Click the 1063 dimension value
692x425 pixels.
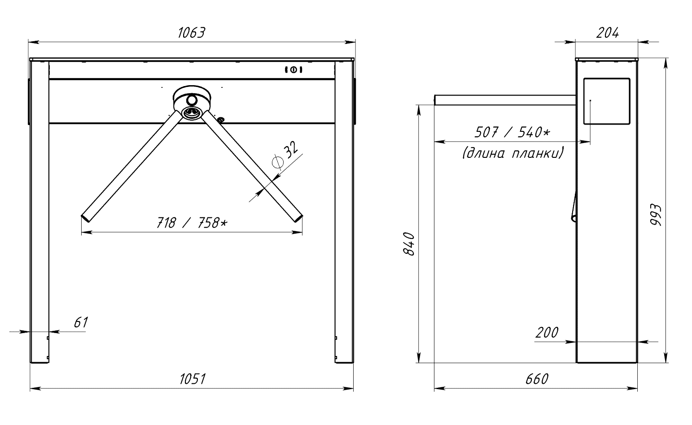[x=192, y=33]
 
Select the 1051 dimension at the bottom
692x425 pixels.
[x=193, y=379]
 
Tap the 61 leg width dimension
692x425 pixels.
[x=81, y=322]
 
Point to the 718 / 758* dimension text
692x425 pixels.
[x=192, y=222]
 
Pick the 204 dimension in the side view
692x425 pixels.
[x=607, y=33]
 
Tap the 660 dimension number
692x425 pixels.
[x=537, y=379]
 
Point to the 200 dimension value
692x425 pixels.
[x=547, y=333]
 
